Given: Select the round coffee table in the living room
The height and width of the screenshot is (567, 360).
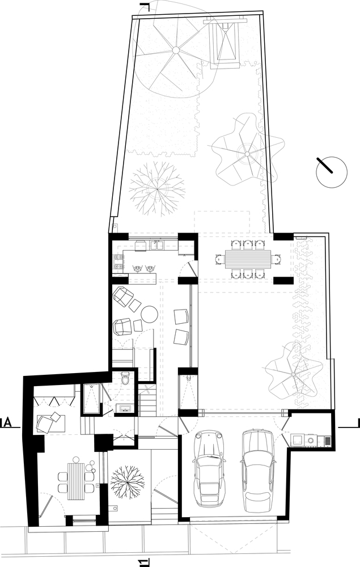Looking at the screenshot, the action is (149, 314).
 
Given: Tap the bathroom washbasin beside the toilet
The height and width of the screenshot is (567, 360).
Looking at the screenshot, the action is (125, 409).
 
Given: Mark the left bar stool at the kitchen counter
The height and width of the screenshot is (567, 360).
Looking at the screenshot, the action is (138, 268).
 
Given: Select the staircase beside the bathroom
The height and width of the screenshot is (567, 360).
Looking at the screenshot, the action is (147, 401).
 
